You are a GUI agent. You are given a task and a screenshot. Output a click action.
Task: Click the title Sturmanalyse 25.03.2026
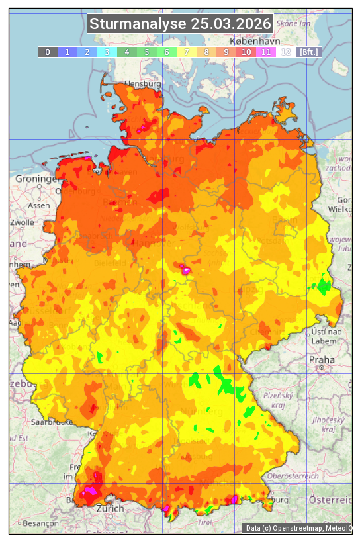[x=180, y=24]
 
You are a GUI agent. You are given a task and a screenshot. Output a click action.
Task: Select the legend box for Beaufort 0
[x=48, y=52]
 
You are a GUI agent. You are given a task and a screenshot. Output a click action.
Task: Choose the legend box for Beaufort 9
[x=226, y=52]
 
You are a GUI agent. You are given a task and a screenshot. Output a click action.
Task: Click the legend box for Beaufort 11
[x=266, y=52]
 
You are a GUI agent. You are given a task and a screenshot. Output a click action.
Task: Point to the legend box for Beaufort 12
[x=286, y=52]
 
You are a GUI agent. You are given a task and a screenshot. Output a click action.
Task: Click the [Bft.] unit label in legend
[x=308, y=52]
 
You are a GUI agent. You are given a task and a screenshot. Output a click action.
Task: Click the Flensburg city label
[x=143, y=85]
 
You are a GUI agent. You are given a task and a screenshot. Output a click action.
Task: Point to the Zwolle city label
[x=22, y=222]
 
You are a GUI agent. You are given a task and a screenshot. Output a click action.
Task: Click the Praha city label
[x=322, y=359]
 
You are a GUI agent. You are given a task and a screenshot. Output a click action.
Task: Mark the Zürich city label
[x=110, y=508]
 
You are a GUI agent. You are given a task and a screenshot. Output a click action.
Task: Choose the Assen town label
[x=39, y=205]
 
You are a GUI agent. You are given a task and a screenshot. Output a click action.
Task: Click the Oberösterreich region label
[x=293, y=476]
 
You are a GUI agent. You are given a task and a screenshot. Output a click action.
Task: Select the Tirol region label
[x=205, y=522]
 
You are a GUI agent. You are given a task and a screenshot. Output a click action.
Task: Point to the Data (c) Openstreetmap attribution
[x=298, y=528]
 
